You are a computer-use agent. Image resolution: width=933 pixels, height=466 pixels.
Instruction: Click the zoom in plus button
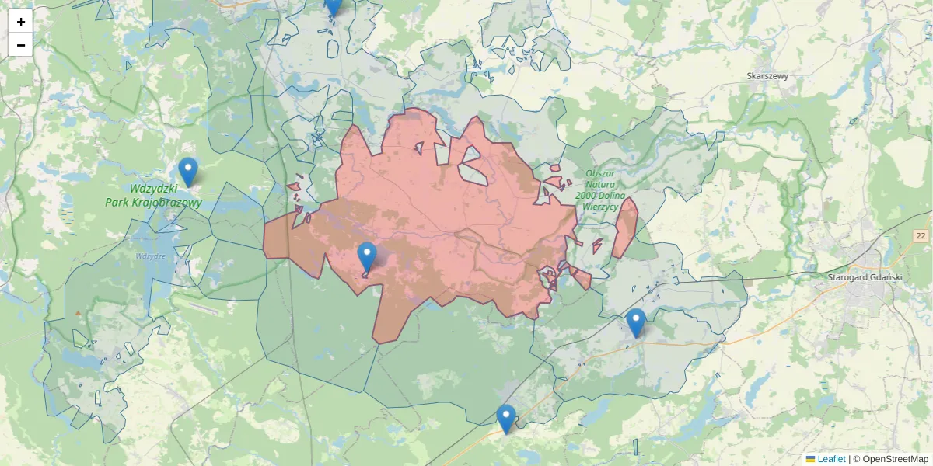click(21, 22)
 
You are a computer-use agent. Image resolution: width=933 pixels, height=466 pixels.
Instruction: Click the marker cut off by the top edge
click(333, 5)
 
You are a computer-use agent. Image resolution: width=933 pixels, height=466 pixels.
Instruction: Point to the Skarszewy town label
click(767, 76)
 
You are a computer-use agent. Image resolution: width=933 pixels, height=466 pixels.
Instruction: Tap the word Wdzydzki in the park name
click(154, 189)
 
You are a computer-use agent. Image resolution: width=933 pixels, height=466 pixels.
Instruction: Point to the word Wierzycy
click(599, 207)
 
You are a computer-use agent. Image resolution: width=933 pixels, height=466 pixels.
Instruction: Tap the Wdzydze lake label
click(149, 256)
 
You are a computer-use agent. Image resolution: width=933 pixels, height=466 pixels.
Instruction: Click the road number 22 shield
click(921, 236)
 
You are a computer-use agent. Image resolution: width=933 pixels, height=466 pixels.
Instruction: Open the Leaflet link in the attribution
click(831, 459)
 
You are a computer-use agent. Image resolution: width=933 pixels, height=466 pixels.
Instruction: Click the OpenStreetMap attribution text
click(895, 459)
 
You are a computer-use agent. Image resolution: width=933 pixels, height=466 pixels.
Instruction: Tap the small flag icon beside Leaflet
click(810, 459)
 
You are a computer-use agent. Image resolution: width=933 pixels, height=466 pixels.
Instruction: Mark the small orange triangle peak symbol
click(78, 313)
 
